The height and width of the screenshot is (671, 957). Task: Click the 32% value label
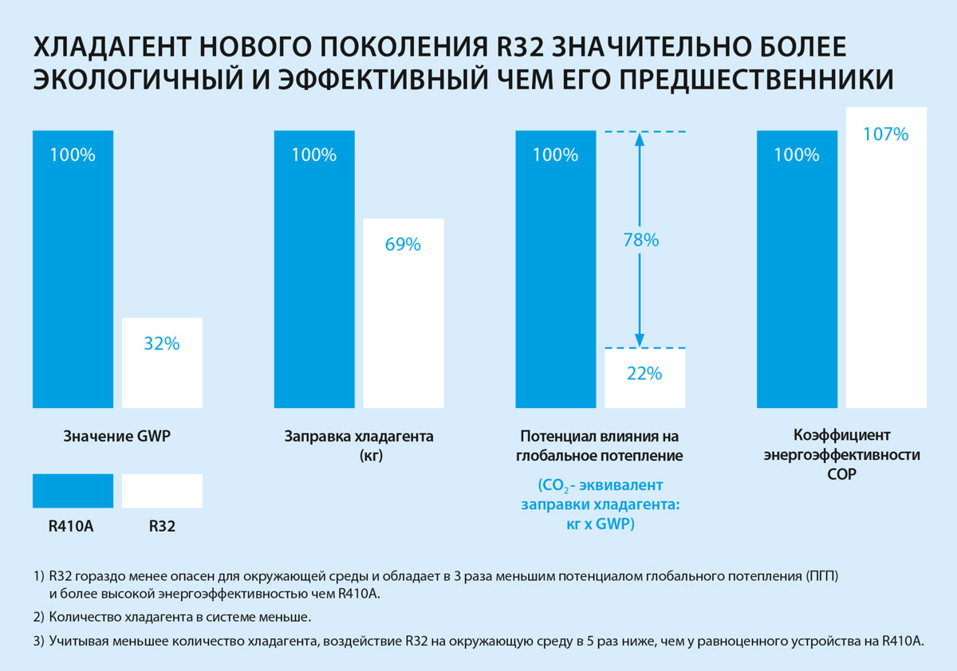tap(162, 344)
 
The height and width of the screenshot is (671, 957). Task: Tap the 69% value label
tap(403, 245)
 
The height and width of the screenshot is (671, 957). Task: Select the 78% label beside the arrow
tap(641, 239)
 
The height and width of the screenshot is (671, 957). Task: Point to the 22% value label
tap(644, 372)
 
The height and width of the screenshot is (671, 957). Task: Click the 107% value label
tap(886, 135)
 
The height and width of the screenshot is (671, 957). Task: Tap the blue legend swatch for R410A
tap(73, 491)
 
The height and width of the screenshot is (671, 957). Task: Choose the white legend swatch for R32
tap(162, 491)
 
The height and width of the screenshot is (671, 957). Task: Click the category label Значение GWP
tap(117, 436)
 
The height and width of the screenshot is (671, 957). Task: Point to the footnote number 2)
tap(39, 616)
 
